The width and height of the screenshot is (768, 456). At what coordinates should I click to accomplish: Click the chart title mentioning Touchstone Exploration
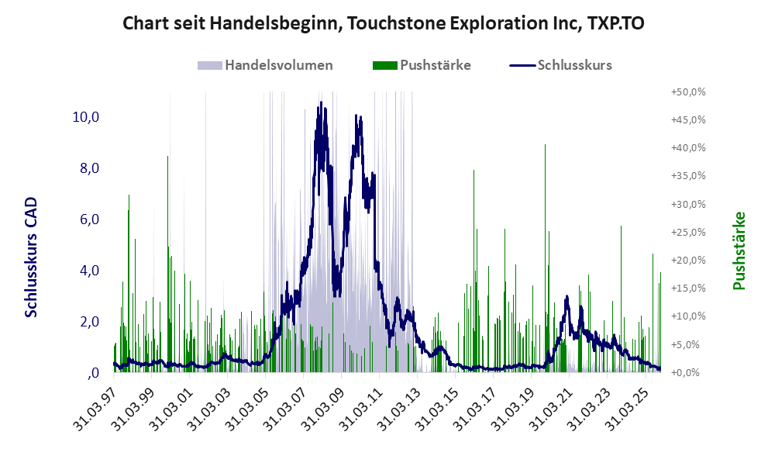(x=384, y=24)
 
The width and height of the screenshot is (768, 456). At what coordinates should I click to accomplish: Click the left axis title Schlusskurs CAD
(x=31, y=257)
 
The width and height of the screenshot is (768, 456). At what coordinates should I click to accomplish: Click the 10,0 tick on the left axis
(x=85, y=117)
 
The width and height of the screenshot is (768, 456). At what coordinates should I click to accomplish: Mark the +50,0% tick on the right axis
(x=687, y=92)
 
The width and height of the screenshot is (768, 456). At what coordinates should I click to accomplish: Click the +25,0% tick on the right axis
(x=687, y=232)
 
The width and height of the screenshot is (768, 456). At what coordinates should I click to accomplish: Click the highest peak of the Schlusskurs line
(x=320, y=103)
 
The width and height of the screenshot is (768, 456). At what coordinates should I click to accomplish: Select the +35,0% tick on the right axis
(x=687, y=176)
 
